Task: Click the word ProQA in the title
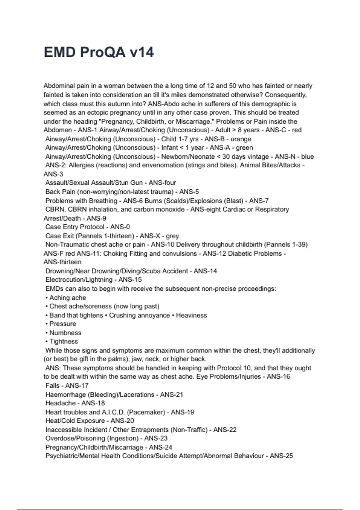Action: point(103,52)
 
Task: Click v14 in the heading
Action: point(142,52)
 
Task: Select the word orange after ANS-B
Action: point(241,139)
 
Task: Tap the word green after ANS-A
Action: point(244,148)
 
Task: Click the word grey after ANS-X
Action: point(172,236)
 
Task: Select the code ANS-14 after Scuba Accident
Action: point(205,271)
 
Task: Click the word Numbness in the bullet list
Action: point(65,333)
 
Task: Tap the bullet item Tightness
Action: point(64,341)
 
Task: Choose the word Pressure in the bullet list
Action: point(63,324)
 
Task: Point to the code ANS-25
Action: point(281,456)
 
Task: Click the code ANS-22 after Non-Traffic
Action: point(225,430)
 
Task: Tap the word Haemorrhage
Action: point(65,394)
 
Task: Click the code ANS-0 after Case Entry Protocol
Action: point(120,227)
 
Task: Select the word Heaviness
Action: point(191,315)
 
